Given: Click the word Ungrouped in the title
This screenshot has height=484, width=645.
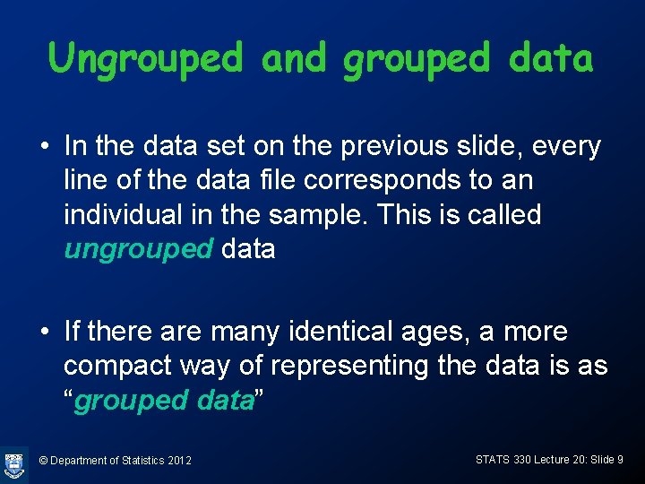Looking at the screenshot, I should tap(145, 59).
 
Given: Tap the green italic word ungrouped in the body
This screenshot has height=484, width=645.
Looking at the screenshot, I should tap(138, 249).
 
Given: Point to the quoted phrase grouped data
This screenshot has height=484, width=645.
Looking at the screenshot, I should tap(165, 401).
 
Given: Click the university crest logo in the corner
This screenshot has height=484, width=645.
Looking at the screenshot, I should tap(14, 463).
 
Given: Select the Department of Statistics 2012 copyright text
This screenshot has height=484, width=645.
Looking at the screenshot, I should tap(116, 461).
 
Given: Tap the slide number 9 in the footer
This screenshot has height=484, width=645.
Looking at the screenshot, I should tap(620, 460).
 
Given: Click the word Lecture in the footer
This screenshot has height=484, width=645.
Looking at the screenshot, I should tap(530, 460).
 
